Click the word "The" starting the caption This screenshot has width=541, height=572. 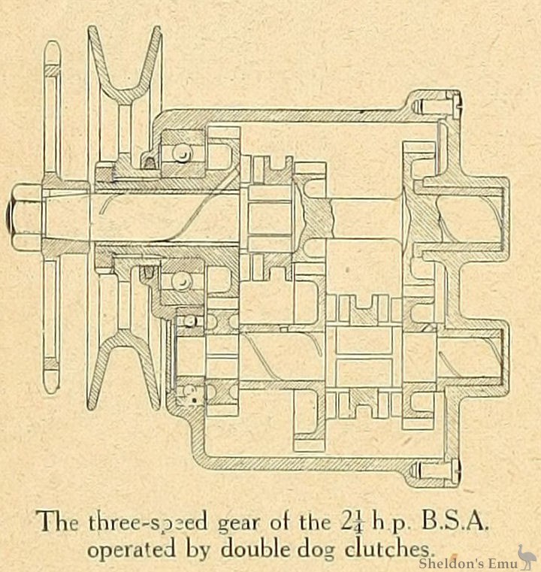(56, 520)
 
